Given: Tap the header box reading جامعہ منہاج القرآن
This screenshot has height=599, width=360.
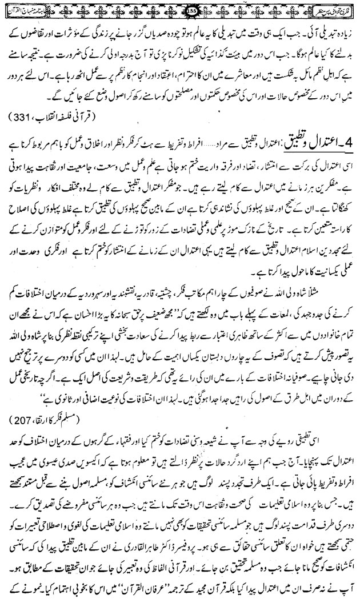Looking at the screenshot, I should (331, 7).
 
